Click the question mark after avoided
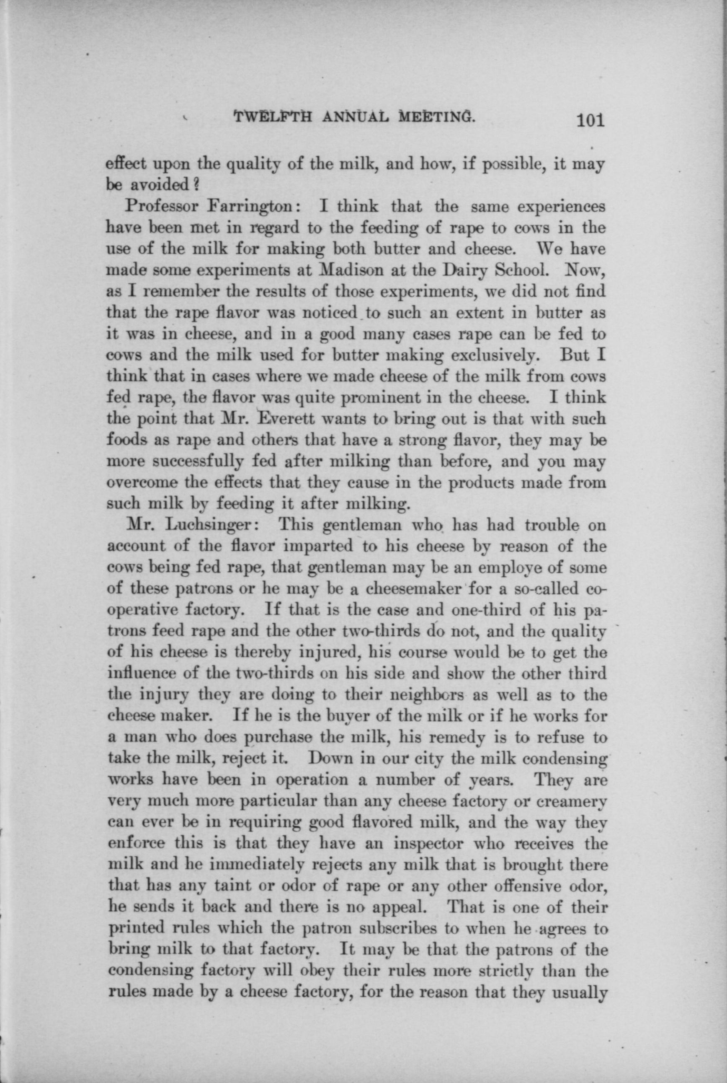pyautogui.click(x=196, y=186)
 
